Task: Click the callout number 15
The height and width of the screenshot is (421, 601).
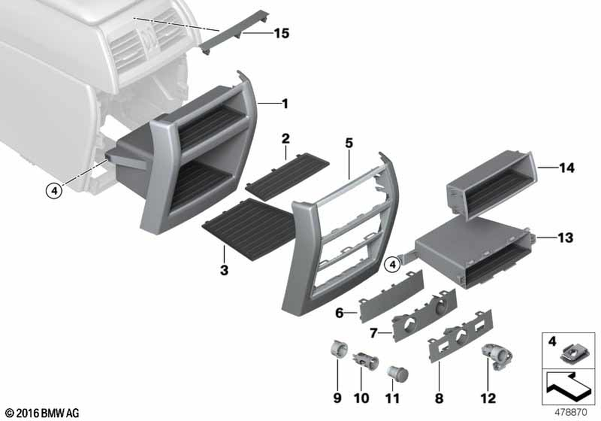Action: (x=281, y=33)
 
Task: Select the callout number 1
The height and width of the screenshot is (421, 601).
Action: (x=284, y=103)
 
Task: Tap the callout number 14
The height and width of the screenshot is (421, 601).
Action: (x=567, y=168)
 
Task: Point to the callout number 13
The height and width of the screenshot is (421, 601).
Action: (x=566, y=238)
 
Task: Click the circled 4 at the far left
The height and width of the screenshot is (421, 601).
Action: (x=54, y=190)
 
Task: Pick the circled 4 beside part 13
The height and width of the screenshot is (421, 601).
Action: (x=392, y=264)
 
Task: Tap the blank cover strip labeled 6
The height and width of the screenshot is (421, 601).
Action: (x=391, y=296)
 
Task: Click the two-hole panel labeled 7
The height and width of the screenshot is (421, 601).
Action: (x=424, y=315)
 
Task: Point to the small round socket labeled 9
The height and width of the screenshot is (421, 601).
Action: (x=339, y=349)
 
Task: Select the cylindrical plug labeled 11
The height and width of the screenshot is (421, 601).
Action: (x=397, y=373)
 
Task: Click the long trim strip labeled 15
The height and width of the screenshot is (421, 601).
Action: (x=234, y=32)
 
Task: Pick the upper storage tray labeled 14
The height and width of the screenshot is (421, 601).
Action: (x=491, y=186)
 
